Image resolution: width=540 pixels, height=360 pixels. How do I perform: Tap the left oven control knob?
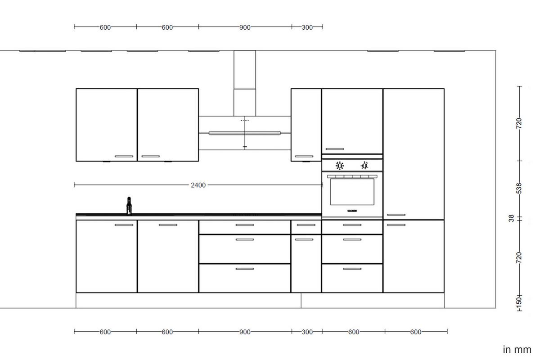pyautogui.click(x=340, y=166)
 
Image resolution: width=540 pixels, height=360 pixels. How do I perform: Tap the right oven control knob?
pyautogui.click(x=364, y=166)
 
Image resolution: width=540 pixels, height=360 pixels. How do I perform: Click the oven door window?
pyautogui.click(x=352, y=192)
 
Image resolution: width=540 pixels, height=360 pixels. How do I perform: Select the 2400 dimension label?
pyautogui.click(x=198, y=185)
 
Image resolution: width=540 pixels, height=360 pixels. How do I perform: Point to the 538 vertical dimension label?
pyautogui.click(x=519, y=188)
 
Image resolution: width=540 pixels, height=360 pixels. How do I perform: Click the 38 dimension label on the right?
pyautogui.click(x=511, y=218)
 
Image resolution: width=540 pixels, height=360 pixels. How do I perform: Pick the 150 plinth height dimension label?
pyautogui.click(x=519, y=301)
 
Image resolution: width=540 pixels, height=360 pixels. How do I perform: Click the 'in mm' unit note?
pyautogui.click(x=517, y=350)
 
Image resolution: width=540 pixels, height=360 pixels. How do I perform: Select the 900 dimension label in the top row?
pyautogui.click(x=245, y=27)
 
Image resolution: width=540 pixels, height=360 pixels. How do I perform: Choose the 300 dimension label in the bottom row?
pyautogui.click(x=307, y=332)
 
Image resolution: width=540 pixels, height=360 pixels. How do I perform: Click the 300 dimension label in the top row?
pyautogui.click(x=307, y=27)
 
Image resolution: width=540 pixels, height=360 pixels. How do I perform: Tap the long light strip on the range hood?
pyautogui.click(x=245, y=133)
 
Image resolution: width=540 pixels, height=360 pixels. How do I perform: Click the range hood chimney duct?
pyautogui.click(x=245, y=83)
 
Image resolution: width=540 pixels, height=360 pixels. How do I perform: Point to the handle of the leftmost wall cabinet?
pyautogui.click(x=124, y=156)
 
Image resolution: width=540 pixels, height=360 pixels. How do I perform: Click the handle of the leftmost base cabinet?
pyautogui.click(x=124, y=225)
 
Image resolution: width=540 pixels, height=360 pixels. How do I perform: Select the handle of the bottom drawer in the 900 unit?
pyautogui.click(x=245, y=269)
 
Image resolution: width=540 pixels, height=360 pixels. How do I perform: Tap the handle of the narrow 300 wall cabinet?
pyautogui.click(x=304, y=156)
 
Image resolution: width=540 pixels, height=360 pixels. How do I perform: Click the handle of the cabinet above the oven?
pyautogui.click(x=334, y=149)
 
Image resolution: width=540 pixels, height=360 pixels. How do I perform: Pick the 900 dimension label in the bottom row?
pyautogui.click(x=245, y=332)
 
